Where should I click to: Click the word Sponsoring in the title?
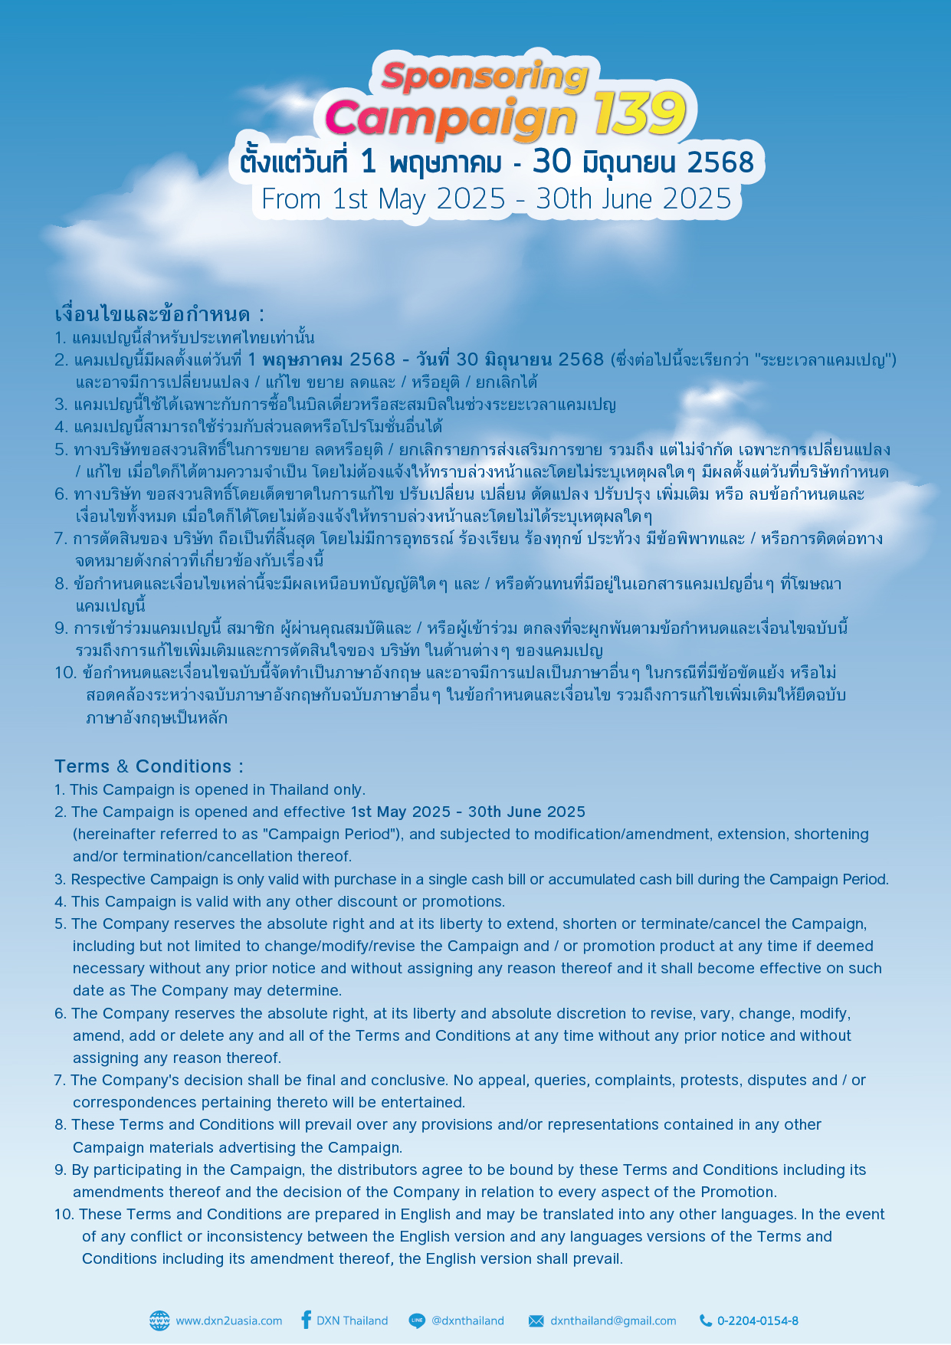point(484,77)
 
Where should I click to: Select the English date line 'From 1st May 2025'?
point(383,199)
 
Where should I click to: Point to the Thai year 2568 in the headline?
point(720,162)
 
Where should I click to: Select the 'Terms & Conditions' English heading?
point(143,766)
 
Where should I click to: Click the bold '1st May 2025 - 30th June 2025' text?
point(467,812)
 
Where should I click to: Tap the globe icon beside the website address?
point(159,1320)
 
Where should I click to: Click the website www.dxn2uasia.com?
point(228,1320)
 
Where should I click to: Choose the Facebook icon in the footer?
point(306,1320)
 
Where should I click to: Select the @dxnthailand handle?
point(467,1320)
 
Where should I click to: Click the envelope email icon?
point(536,1320)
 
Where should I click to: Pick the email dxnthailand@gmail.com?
point(613,1320)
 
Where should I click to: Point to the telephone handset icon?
point(706,1320)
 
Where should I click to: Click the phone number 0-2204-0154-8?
point(758,1320)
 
